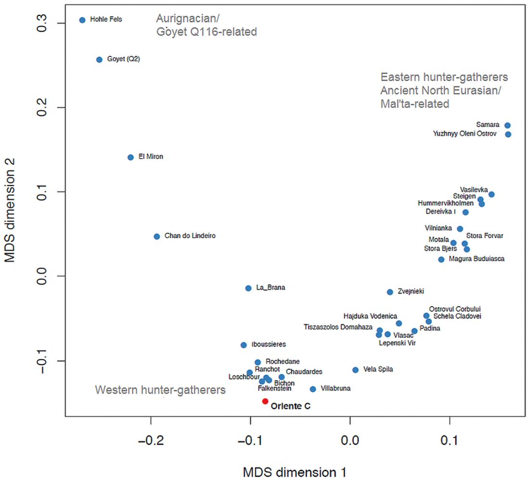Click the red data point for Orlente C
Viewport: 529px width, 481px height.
tap(265, 401)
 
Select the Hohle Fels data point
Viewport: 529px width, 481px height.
tap(82, 20)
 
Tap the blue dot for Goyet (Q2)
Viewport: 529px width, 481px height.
tap(100, 60)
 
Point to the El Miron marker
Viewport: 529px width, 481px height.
tap(130, 157)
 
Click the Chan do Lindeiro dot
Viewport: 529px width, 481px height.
tap(157, 236)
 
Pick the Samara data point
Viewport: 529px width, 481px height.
tap(507, 125)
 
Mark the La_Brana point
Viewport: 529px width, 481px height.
tap(248, 288)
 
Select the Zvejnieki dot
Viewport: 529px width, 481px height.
tap(390, 292)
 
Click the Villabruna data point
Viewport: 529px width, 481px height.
tap(313, 389)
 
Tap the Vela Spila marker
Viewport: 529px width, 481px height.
tap(355, 370)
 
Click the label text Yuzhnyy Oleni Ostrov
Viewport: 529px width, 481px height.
tap(465, 134)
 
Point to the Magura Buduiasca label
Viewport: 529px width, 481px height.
tap(477, 259)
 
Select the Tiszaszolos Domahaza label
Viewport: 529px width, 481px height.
tap(338, 327)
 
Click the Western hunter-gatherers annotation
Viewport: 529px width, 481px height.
tap(161, 390)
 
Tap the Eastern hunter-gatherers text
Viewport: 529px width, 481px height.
tap(444, 77)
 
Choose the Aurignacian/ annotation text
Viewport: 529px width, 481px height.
tap(188, 19)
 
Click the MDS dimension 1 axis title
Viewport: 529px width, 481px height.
tap(294, 472)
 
